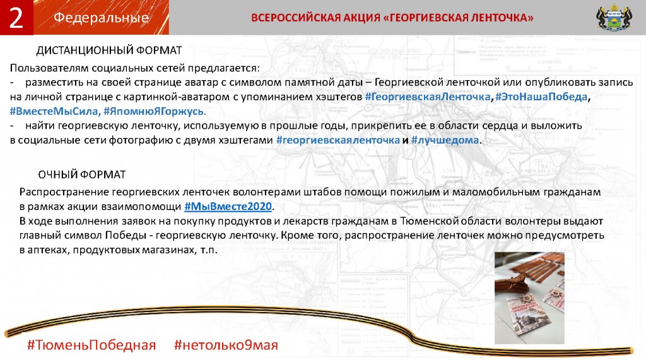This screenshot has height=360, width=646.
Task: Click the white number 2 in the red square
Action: [16, 18]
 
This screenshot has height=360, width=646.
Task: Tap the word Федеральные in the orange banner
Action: [101, 18]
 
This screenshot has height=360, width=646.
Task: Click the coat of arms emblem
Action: [614, 17]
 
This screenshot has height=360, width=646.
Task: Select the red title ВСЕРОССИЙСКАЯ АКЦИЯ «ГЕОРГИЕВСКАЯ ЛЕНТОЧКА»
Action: [392, 18]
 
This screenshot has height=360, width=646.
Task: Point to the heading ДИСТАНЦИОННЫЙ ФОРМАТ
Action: [109, 50]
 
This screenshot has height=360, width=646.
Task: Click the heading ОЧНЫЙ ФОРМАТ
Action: [81, 175]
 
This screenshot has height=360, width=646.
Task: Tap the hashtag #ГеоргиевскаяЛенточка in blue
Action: [428, 97]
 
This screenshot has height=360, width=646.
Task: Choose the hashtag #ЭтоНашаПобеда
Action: [541, 97]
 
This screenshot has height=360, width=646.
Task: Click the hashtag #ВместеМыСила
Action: [54, 111]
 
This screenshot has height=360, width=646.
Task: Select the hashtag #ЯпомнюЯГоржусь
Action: [154, 111]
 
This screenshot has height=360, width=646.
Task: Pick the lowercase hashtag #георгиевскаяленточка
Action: [338, 140]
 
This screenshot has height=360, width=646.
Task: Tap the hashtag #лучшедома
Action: [445, 140]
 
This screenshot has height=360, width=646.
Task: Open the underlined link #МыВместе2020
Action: [228, 206]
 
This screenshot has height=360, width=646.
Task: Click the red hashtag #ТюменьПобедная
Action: [91, 345]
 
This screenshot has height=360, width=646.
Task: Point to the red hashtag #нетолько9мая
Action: [226, 345]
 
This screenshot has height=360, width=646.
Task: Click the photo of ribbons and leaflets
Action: [529, 298]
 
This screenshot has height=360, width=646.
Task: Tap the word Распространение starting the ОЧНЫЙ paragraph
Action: [64, 192]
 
